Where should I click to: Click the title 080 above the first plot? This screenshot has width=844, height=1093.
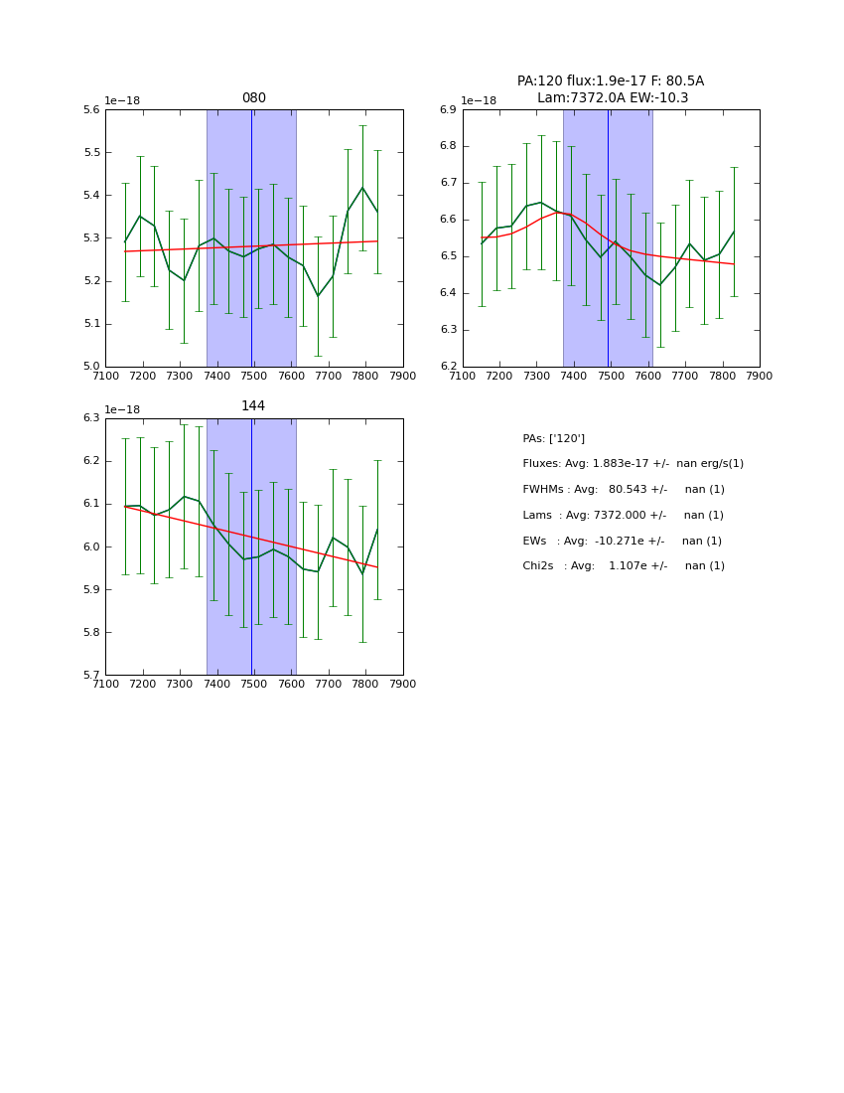253,98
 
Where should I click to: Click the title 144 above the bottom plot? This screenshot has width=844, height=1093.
253,406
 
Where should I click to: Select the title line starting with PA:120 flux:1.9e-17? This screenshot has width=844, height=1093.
610,81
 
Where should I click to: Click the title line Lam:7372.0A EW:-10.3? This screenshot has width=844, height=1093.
612,98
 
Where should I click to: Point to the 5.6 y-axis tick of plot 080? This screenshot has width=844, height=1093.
91,110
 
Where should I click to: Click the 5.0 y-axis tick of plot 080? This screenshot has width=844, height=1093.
91,367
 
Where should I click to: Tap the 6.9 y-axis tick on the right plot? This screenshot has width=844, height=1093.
449,110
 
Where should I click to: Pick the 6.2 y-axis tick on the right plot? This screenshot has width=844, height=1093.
449,367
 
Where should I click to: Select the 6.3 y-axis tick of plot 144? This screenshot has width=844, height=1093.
91,418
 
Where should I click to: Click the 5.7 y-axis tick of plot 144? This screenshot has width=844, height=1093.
91,676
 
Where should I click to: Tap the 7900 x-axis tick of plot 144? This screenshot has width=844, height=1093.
402,684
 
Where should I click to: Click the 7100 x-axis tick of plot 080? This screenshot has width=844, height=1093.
105,376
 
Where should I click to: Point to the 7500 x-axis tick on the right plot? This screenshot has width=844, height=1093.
611,376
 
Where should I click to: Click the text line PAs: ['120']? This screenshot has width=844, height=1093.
553,438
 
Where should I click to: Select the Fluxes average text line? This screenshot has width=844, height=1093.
633,464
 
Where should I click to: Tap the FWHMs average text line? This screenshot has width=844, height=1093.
624,490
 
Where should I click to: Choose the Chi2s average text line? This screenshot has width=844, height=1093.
624,566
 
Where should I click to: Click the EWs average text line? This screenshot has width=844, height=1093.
622,541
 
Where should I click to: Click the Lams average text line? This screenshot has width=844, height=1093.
623,515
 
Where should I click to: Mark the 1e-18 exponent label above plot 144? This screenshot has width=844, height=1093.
122,409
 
